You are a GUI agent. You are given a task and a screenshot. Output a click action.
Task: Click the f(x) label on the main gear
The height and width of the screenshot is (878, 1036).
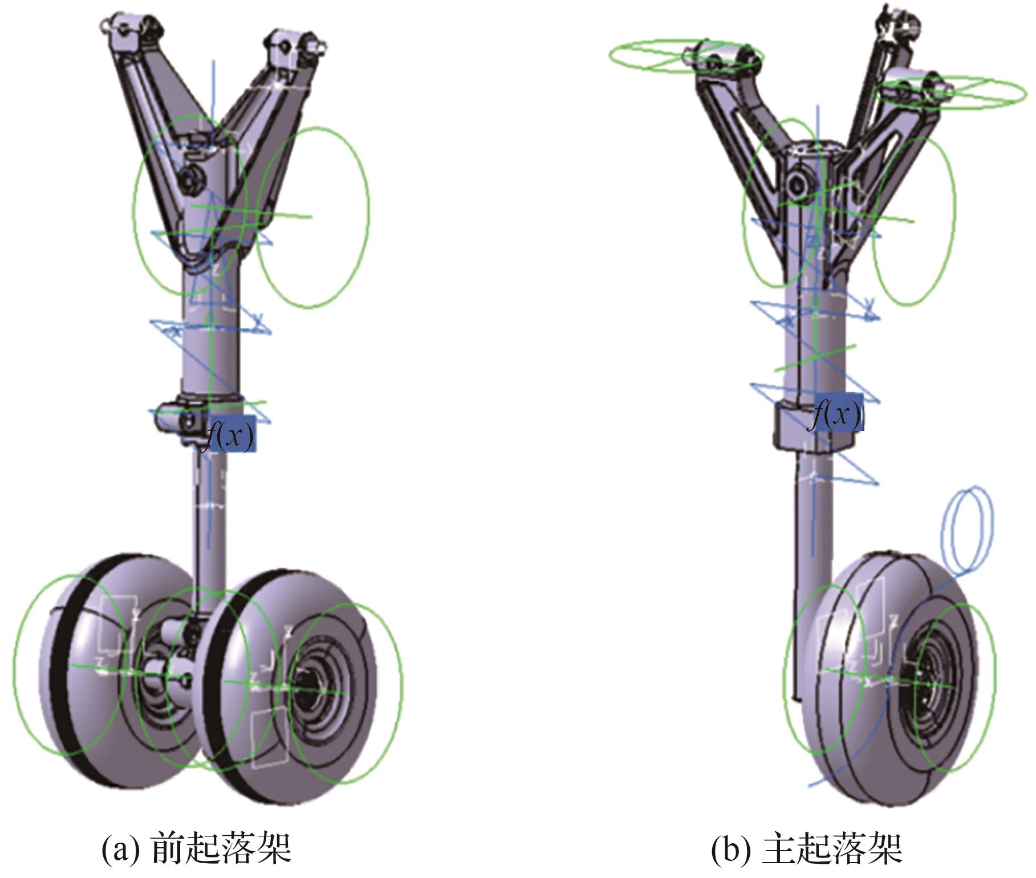pyautogui.click(x=836, y=414)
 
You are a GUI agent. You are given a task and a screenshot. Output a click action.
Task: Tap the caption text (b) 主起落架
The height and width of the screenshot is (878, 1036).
pyautogui.click(x=806, y=848)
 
